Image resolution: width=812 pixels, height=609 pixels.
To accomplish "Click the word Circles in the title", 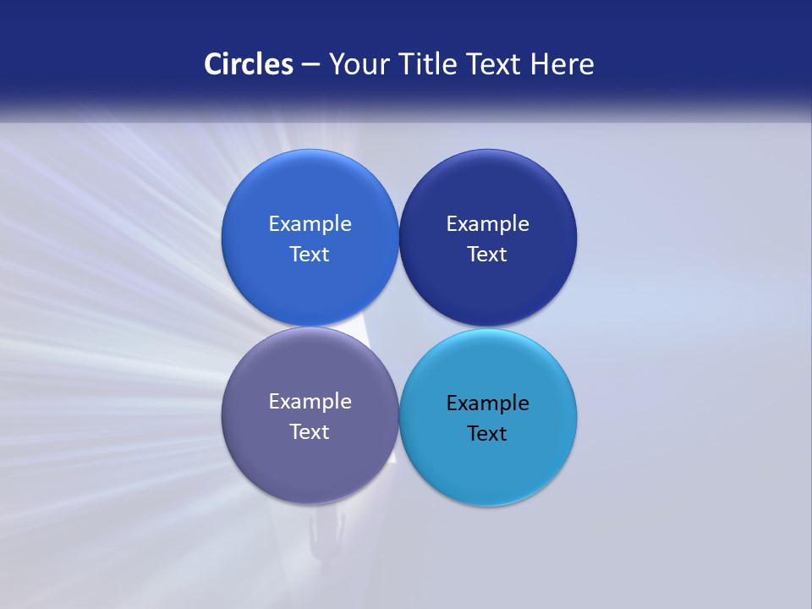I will tap(249, 64).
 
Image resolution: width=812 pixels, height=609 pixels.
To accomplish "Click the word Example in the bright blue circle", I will tap(310, 224).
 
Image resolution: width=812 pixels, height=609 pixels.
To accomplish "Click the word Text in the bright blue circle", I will tap(310, 255).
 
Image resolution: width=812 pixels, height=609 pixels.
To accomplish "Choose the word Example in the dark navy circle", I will tap(488, 224).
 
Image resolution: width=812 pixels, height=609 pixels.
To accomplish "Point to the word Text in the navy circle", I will tap(488, 255).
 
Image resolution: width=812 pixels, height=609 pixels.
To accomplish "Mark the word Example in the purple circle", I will tap(310, 402).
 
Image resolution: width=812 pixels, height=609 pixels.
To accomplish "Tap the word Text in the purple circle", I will tap(310, 432).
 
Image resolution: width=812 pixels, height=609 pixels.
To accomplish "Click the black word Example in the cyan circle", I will tap(488, 403).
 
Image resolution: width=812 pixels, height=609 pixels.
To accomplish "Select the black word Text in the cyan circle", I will tap(488, 434).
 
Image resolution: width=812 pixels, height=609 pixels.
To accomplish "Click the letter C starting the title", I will tap(212, 64).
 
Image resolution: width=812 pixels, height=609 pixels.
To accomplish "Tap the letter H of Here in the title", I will tap(539, 64).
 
